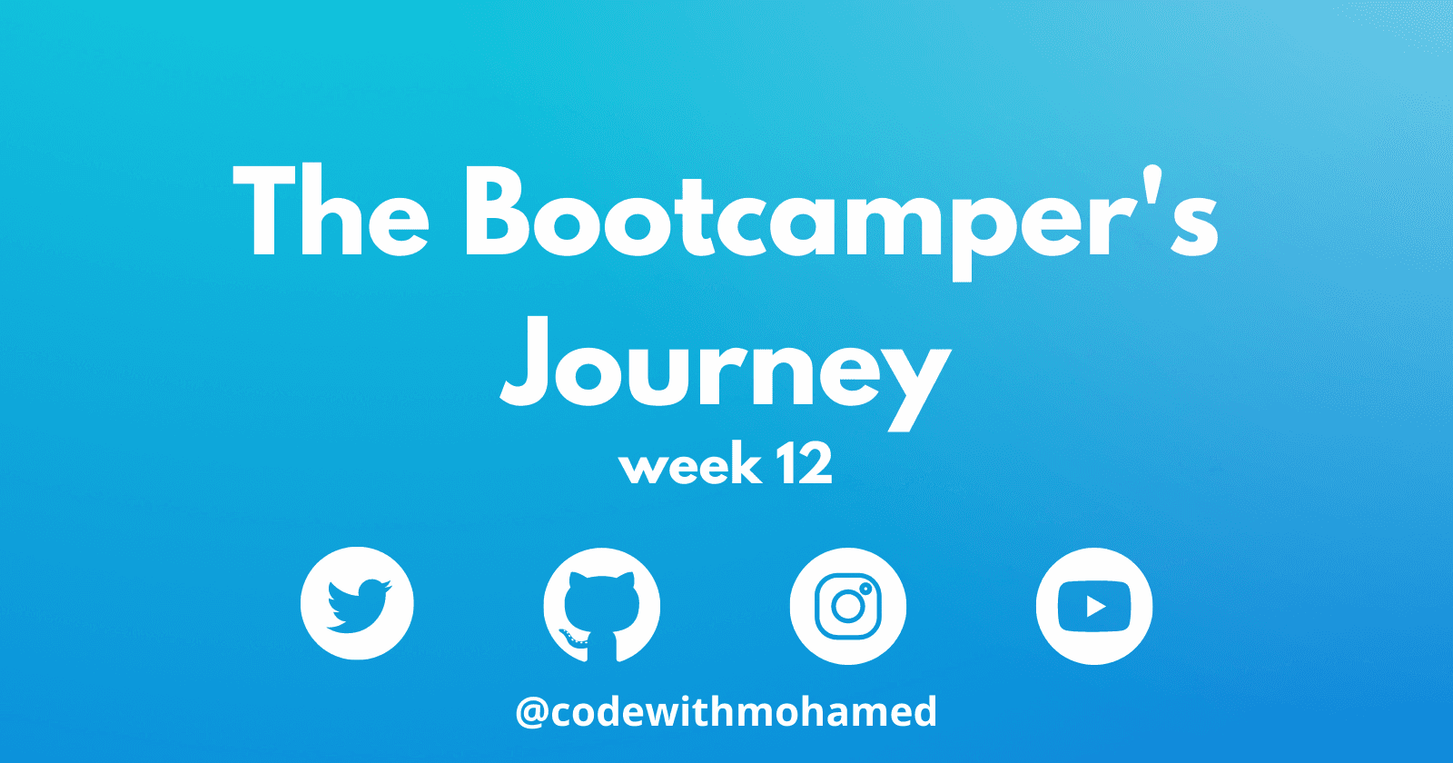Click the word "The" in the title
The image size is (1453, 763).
pos(331,210)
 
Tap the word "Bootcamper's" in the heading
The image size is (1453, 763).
pos(841,222)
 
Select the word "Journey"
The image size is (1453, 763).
pos(726,374)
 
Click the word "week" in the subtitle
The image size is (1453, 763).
pos(690,464)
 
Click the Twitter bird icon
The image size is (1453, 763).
pos(357,603)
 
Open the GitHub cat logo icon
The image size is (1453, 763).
pos(602,605)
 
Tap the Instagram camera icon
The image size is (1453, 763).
pos(848,606)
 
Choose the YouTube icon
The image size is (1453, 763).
pos(1094,606)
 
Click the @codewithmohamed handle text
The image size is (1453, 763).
pos(726,712)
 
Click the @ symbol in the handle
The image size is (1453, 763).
pos(532,712)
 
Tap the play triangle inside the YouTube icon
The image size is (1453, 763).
pos(1095,607)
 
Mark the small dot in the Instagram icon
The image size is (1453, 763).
pos(865,590)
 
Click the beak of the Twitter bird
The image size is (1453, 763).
pos(387,586)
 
